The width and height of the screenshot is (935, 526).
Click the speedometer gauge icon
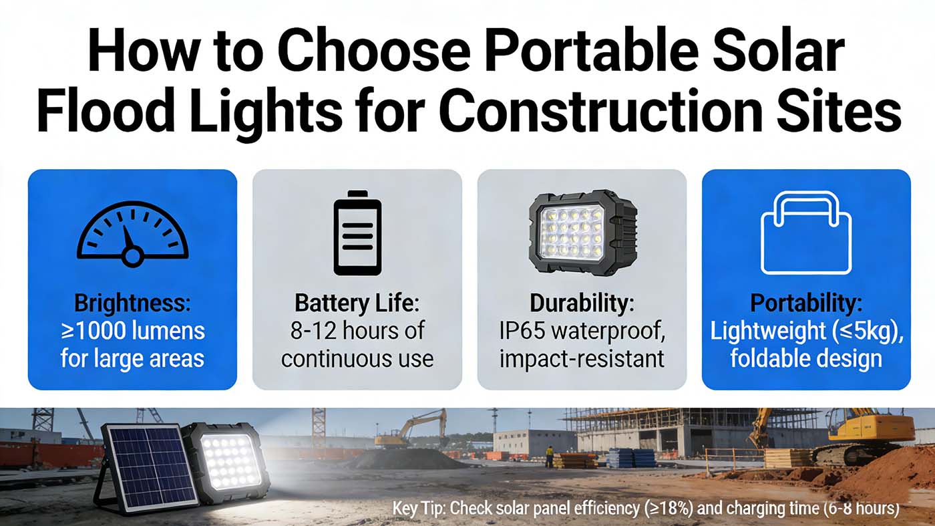pyautogui.click(x=132, y=233)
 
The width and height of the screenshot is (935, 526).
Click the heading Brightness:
pyautogui.click(x=132, y=303)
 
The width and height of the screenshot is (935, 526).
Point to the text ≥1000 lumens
pyautogui.click(x=133, y=331)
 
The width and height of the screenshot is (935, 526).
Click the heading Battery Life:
pyautogui.click(x=357, y=303)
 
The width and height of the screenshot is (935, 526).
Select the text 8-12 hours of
pyautogui.click(x=357, y=331)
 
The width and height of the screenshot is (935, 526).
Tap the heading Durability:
pyautogui.click(x=582, y=303)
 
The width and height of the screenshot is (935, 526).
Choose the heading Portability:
pyautogui.click(x=806, y=303)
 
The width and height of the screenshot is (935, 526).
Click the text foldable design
pyautogui.click(x=806, y=359)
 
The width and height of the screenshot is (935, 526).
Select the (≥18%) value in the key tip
pyautogui.click(x=668, y=509)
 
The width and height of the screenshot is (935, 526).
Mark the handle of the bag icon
pyautogui.click(x=805, y=205)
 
